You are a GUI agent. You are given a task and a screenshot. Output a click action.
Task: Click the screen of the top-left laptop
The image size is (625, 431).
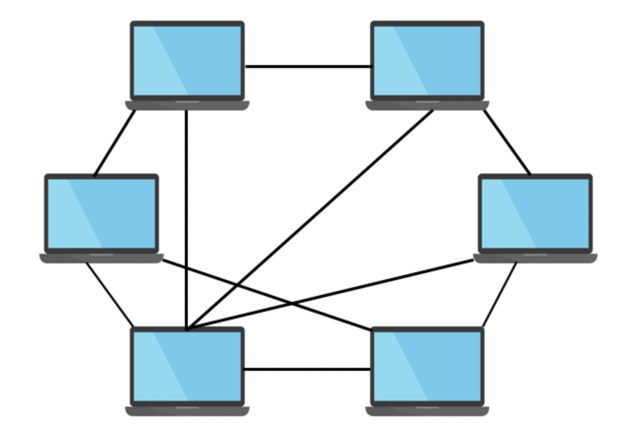point(187,60)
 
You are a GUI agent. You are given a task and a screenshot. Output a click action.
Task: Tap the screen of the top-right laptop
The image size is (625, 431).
point(427,60)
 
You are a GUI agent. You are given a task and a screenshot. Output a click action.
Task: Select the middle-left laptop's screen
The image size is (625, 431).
point(102,213)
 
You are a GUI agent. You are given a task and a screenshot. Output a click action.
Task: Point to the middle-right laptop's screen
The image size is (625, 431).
point(535,213)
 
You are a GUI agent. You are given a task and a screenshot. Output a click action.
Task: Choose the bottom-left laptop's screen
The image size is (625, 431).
point(187,366)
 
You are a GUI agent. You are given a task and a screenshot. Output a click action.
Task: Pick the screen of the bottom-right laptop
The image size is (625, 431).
point(427,366)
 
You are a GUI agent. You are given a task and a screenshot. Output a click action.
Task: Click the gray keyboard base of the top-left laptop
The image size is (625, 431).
point(187,105)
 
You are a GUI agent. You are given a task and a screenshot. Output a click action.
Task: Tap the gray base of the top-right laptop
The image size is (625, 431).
point(427,105)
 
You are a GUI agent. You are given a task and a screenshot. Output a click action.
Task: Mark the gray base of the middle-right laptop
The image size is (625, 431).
point(535,258)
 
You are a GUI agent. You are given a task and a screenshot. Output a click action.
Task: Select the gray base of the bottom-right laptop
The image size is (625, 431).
point(427,411)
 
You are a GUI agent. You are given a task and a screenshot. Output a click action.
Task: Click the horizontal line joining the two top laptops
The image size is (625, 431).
point(308,66)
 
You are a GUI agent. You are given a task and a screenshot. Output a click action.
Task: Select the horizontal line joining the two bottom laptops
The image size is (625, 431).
point(308,369)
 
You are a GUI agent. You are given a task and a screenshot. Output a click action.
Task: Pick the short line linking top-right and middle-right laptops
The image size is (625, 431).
point(507,142)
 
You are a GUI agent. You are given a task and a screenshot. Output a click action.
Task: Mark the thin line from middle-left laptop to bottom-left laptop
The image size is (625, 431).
point(109,294)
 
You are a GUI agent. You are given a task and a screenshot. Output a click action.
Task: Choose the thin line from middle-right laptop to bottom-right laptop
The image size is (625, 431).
point(500,294)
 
